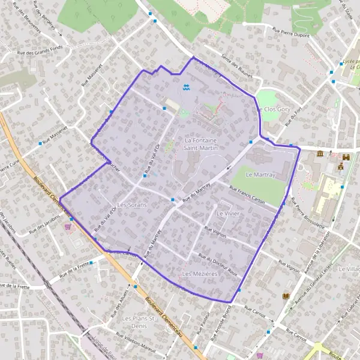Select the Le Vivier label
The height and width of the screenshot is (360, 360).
[x=228, y=213]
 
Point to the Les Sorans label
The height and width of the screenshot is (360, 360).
[x=132, y=205]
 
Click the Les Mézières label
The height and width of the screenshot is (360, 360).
[x=195, y=274]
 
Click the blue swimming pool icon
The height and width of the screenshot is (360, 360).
[x=188, y=88]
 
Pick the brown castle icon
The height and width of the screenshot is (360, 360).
[x=346, y=157]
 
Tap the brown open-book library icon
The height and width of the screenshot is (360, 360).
[x=285, y=296]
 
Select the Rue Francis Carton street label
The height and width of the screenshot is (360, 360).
[x=247, y=194]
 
